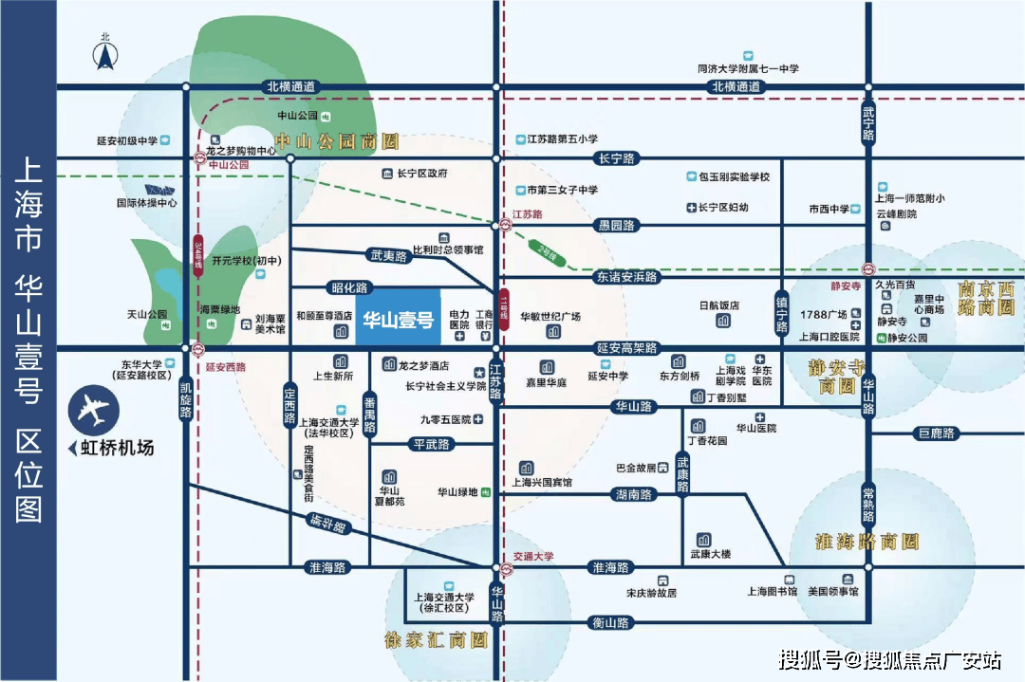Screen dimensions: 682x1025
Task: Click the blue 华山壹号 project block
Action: (400, 318)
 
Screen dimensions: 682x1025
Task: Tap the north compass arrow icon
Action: (105, 55)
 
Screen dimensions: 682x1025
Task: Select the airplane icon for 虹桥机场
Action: (94, 411)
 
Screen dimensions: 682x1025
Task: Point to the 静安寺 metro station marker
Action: (867, 268)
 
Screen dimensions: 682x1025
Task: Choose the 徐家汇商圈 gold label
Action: (436, 640)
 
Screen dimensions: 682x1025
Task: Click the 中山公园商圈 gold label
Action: (333, 143)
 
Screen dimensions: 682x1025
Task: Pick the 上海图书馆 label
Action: (772, 592)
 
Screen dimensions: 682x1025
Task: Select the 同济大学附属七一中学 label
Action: (748, 69)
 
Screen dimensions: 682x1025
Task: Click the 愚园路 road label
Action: (616, 226)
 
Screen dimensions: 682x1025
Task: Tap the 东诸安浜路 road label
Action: (626, 277)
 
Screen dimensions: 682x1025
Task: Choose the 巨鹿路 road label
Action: (937, 434)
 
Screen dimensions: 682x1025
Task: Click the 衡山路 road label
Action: (609, 623)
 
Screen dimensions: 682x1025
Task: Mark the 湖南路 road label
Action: (632, 494)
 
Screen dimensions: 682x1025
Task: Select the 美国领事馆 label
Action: (832, 592)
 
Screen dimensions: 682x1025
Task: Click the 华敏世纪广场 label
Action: (550, 317)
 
